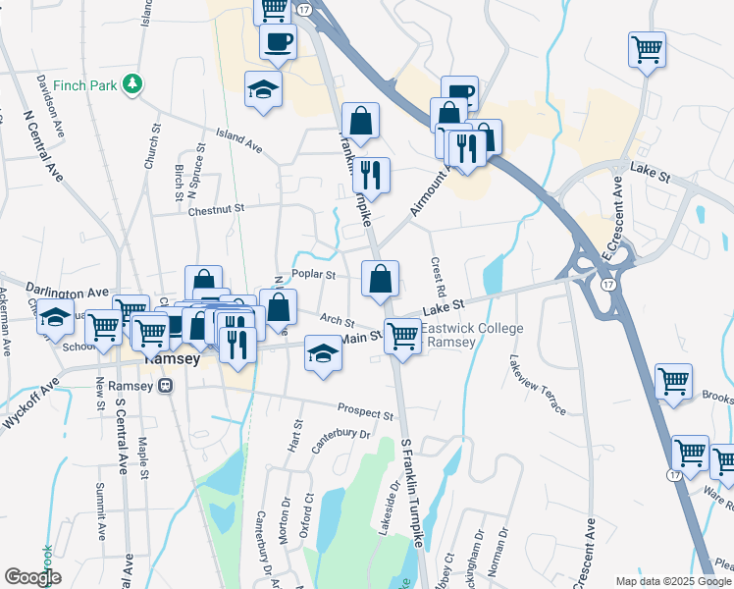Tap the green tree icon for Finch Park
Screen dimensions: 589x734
point(131,85)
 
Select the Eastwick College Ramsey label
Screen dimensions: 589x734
point(476,335)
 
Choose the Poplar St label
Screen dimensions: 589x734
point(314,275)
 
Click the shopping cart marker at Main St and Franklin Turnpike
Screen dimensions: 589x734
point(402,336)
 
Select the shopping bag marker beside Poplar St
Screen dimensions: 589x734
point(380,278)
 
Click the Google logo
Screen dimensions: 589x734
point(32,577)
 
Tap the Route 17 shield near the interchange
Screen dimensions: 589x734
point(608,284)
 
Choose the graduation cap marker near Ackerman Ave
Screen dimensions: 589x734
point(57,316)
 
